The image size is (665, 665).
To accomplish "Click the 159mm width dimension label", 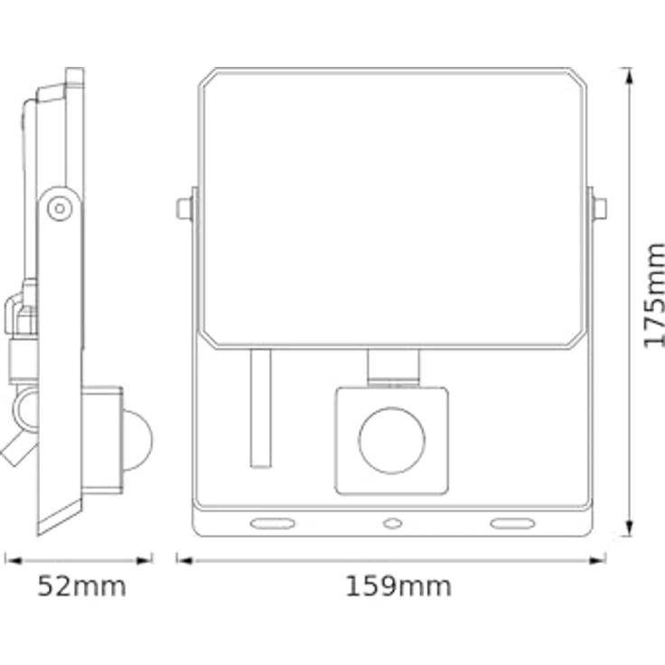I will coord(398,586).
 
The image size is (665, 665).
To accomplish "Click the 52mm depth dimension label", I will coord(81,586).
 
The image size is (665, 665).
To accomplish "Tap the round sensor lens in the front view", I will coord(391,441).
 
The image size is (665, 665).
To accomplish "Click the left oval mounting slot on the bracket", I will coord(272,523).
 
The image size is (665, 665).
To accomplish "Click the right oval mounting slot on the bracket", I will coord(511,523).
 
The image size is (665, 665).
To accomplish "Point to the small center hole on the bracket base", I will coord(391,523).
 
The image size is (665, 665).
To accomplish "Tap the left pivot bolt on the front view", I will coord(184,209).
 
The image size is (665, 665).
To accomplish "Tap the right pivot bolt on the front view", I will coord(599,209).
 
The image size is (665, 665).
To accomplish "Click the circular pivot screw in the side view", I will coord(60,208).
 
